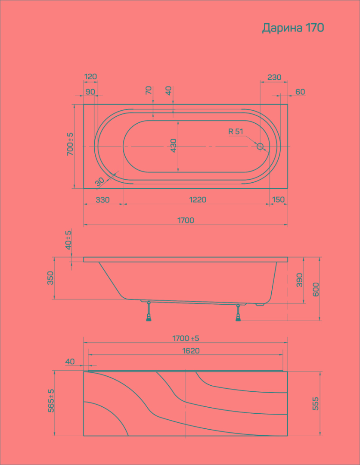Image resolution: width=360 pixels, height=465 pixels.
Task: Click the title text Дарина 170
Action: pos(293,28)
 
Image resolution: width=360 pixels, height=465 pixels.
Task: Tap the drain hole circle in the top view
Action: pos(260,146)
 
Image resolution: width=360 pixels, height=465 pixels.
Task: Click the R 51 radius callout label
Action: pos(236,131)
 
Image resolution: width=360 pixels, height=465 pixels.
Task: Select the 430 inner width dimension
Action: pos(174,145)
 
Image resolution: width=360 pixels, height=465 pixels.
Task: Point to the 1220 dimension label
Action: pos(198,200)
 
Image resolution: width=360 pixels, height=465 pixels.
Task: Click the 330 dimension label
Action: pos(102,200)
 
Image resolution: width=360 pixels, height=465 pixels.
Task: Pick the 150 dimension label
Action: pos(278,200)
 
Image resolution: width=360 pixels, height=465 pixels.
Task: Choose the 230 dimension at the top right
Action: pos(274,77)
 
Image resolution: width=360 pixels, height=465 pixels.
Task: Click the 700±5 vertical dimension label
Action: pos(70,144)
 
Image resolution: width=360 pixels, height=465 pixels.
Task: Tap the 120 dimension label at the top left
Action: pos(90,77)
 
